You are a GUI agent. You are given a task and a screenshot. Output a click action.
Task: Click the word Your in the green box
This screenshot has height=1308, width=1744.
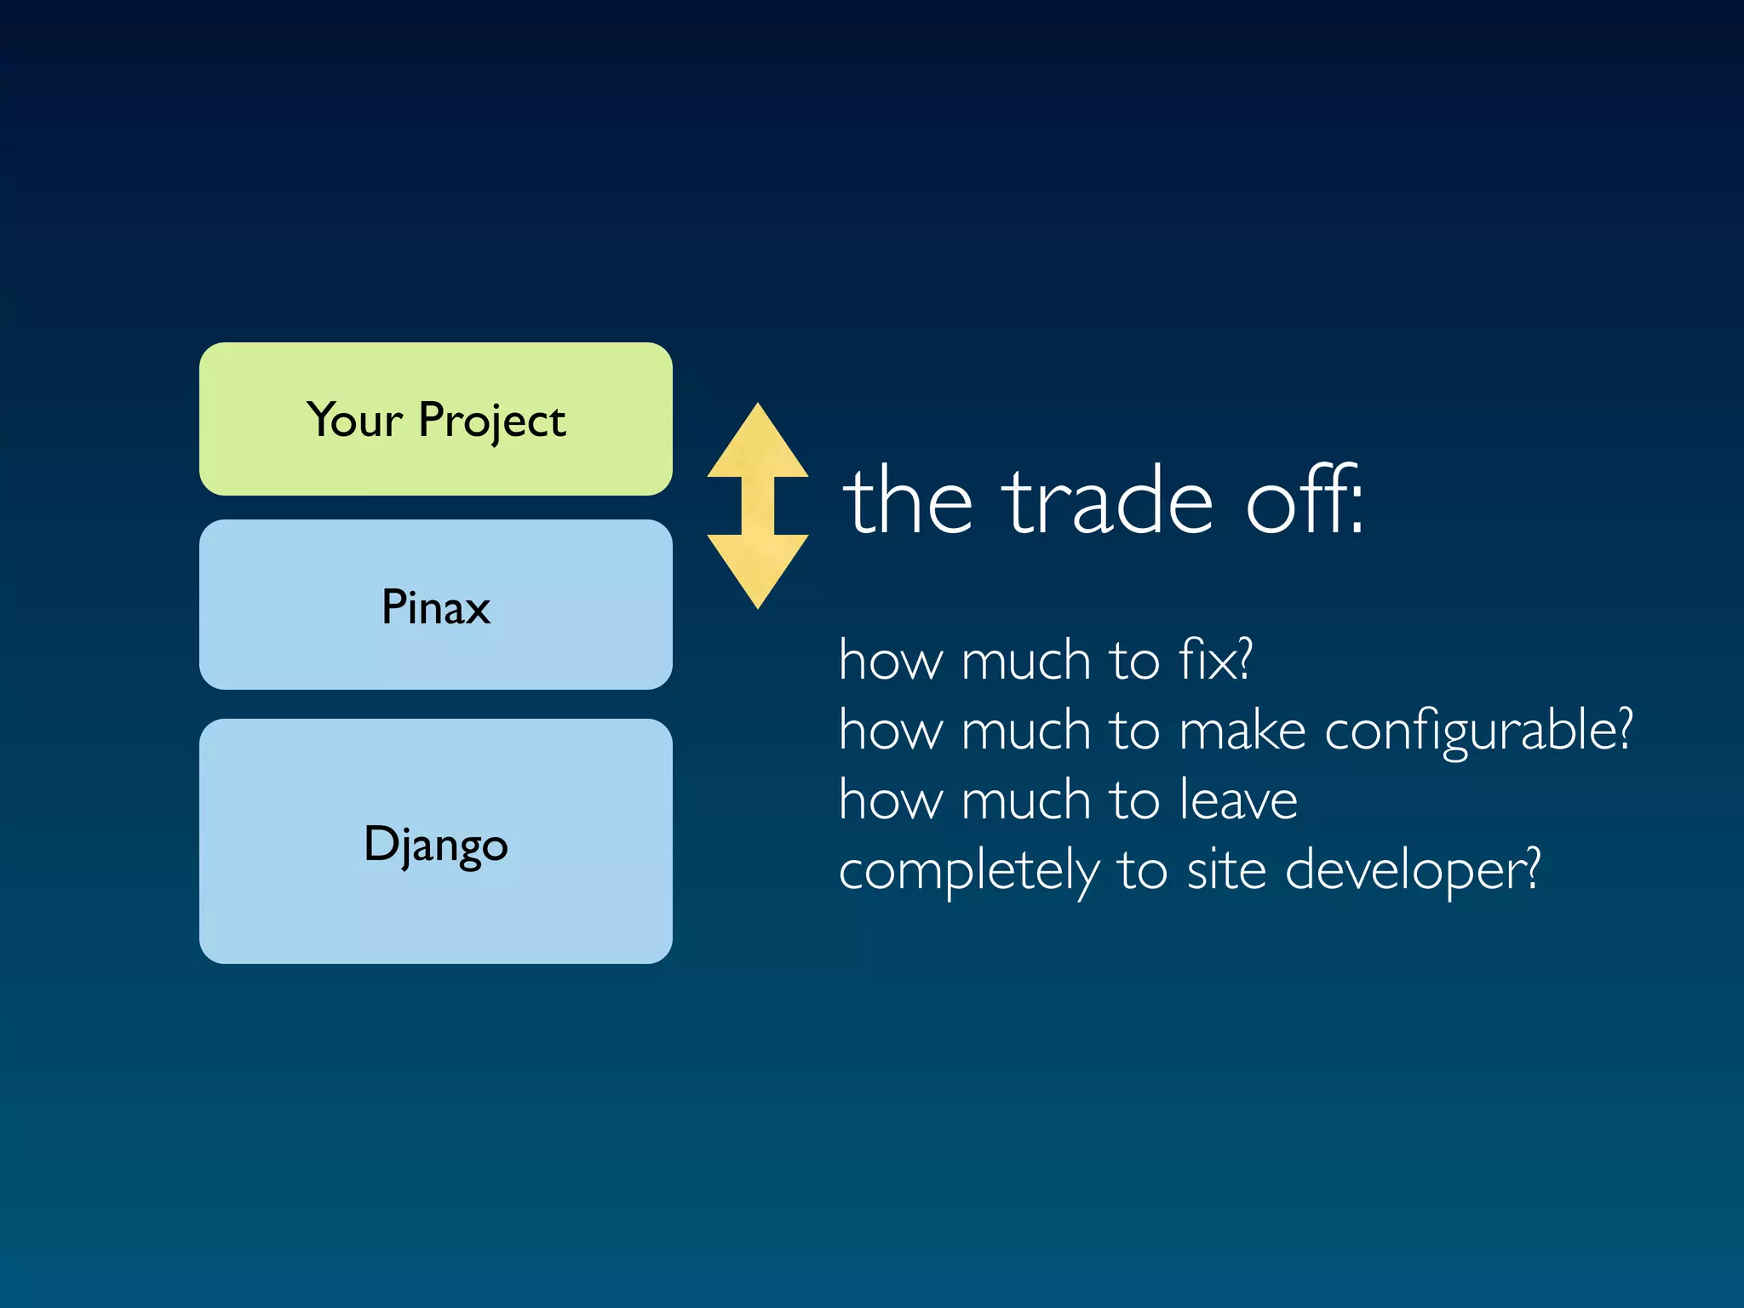pos(354,420)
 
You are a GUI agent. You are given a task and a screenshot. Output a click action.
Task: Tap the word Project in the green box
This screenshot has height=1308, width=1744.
pos(491,422)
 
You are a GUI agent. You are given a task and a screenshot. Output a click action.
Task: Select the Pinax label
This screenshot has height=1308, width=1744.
pos(435,607)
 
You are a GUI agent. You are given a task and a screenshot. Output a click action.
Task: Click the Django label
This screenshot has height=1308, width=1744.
pos(435,845)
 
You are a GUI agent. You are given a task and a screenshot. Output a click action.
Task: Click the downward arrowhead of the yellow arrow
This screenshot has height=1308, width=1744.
pos(757,568)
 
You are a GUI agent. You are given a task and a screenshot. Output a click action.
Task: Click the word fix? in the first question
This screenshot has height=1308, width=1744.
pos(1215,660)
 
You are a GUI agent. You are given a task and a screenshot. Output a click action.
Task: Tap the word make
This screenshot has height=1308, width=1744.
pos(1242,731)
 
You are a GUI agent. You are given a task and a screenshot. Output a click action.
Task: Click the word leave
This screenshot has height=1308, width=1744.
pos(1239,800)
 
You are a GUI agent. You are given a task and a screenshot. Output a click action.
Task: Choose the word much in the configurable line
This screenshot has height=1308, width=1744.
pos(1026,731)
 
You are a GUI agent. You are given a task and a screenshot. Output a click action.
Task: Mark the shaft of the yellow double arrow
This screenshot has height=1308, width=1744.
pos(757,507)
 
